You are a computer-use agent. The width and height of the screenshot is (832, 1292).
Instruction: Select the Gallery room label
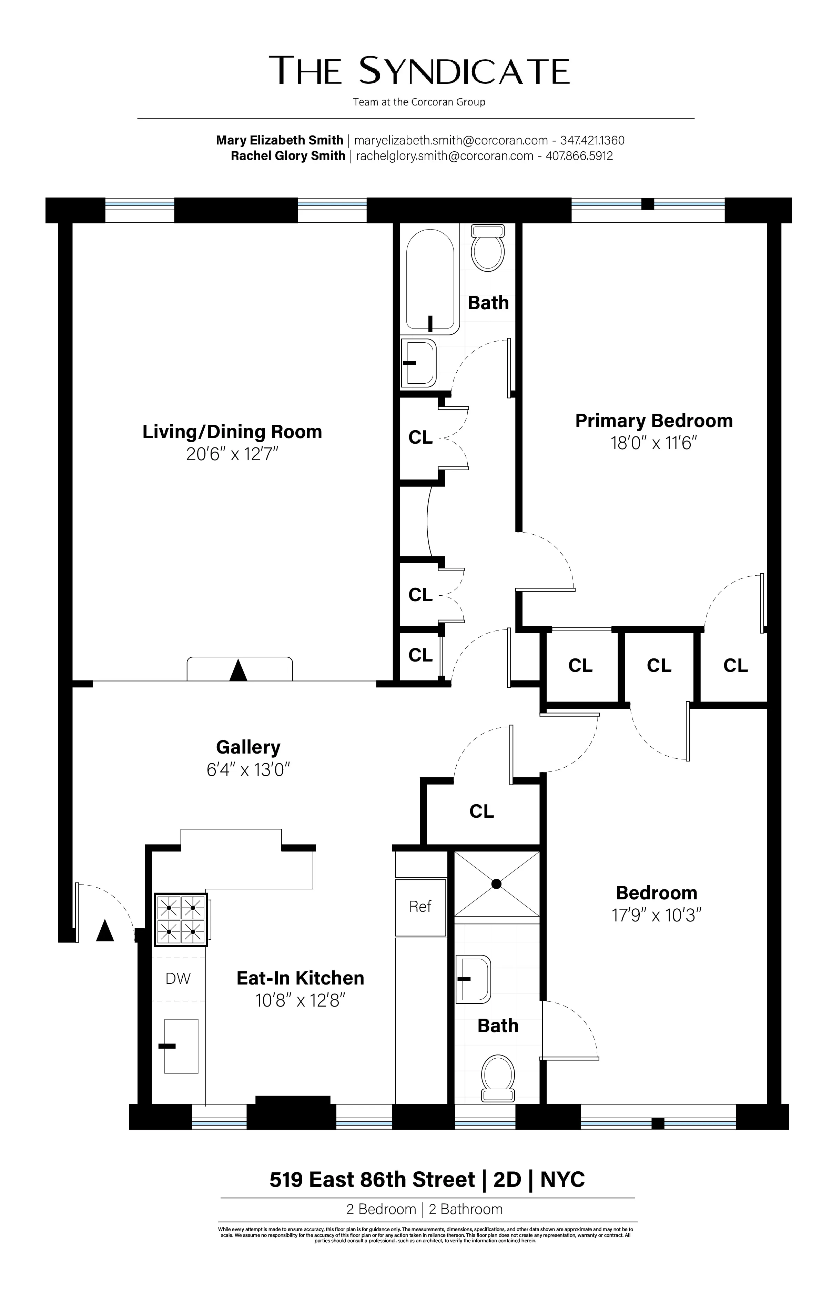tap(248, 747)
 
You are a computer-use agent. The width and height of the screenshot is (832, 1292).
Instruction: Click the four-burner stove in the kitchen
tap(181, 919)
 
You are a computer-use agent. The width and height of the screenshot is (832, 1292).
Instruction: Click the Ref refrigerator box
tap(420, 907)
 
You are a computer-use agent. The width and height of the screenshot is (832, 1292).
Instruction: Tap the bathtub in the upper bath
tap(430, 281)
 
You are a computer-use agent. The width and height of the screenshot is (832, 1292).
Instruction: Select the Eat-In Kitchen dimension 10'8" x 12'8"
tap(301, 1001)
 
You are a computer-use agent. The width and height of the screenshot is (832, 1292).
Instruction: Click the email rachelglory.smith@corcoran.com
tap(445, 156)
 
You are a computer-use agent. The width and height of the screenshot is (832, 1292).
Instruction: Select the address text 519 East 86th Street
tap(372, 1180)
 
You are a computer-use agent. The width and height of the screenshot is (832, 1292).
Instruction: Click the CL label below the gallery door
tap(481, 811)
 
